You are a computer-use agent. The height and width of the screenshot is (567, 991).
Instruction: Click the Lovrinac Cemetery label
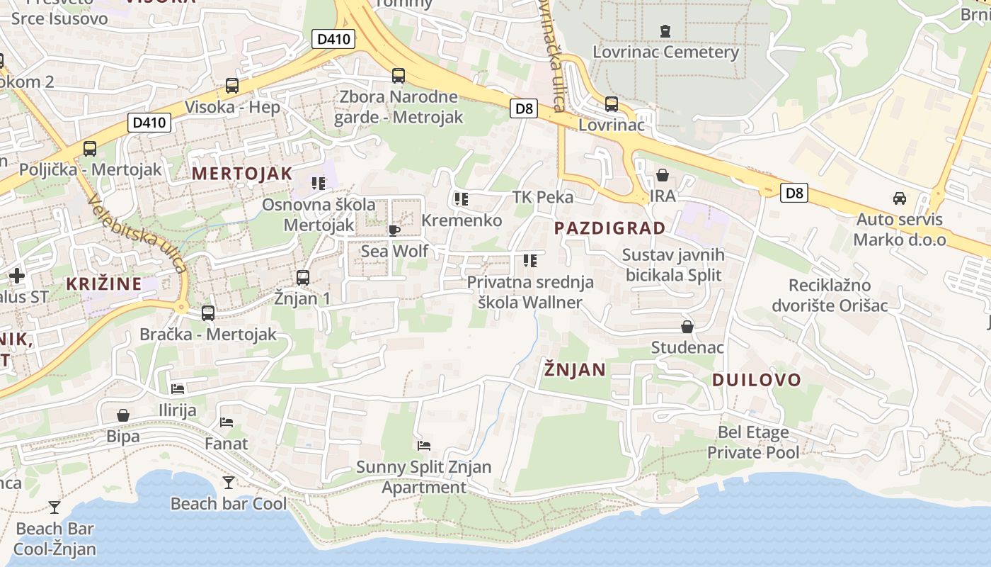665,52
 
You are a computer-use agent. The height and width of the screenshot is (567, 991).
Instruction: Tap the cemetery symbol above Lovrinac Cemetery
665,31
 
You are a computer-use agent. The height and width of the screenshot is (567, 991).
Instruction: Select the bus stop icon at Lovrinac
612,104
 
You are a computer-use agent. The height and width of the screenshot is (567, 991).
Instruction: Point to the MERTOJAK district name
242,174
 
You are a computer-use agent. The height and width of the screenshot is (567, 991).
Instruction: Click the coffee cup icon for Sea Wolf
394,230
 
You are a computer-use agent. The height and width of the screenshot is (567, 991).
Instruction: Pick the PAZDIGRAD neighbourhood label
609,228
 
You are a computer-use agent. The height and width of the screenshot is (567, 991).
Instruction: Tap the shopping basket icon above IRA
663,175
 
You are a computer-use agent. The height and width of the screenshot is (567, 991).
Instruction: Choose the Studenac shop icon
687,327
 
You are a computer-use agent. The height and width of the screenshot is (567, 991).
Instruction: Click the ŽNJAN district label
575,369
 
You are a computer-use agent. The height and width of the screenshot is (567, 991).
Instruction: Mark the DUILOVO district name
756,380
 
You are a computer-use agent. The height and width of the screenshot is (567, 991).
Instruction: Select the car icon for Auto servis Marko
899,198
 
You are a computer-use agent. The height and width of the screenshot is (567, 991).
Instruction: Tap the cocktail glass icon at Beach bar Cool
228,483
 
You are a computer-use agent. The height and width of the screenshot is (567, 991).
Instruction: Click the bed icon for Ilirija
177,389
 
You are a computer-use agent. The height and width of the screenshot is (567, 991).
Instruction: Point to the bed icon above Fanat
227,422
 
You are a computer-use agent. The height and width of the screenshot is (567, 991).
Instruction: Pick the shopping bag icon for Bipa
123,415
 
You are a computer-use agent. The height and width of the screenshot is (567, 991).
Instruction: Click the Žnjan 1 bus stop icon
303,277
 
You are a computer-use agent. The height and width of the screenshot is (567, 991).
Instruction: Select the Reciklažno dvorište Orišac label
839,296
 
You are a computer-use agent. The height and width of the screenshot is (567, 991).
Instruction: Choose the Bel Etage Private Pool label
753,442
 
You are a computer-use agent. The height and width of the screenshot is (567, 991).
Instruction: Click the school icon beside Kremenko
462,199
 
